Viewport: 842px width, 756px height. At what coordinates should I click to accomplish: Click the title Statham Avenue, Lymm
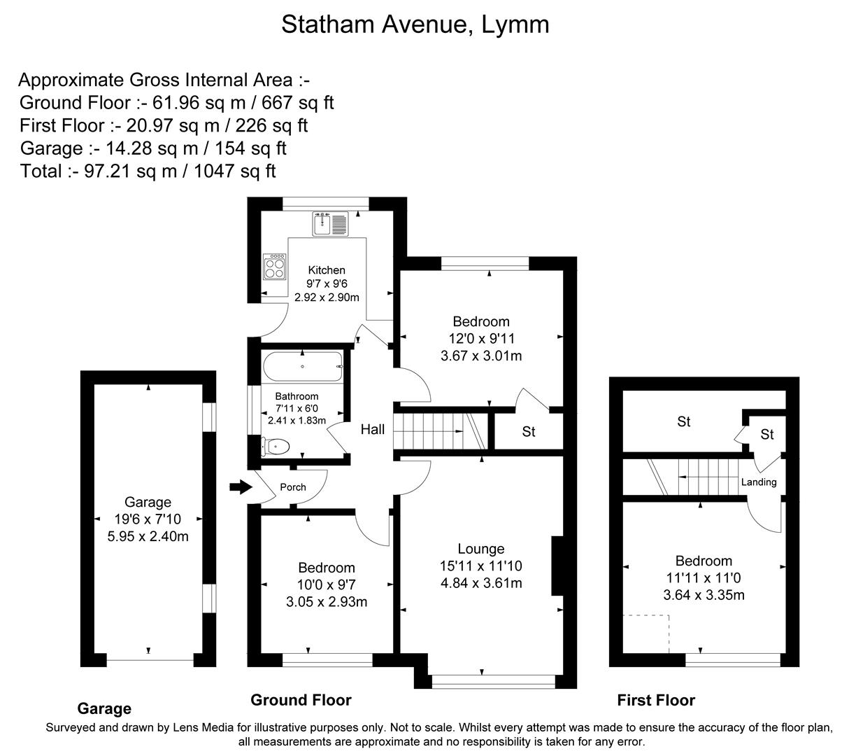[415, 24]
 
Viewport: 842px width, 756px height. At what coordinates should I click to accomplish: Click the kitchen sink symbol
[329, 223]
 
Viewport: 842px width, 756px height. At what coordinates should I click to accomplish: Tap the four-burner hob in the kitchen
[275, 267]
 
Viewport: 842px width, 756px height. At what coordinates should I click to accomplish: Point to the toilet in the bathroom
[276, 445]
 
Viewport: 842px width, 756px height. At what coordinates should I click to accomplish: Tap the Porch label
[293, 487]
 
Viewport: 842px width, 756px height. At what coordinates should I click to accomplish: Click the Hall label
[372, 429]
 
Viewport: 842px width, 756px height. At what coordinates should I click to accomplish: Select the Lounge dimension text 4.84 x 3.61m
[481, 582]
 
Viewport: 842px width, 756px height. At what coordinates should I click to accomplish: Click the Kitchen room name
[327, 270]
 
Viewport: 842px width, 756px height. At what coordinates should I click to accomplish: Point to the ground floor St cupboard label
[529, 432]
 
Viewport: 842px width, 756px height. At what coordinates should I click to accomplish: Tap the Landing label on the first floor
[759, 482]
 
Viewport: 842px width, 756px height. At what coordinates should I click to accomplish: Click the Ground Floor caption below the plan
[301, 700]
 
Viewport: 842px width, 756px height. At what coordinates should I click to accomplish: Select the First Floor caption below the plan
[656, 700]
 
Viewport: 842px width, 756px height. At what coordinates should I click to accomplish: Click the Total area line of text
[148, 171]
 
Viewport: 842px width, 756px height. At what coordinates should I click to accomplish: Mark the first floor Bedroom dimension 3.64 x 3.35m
[704, 595]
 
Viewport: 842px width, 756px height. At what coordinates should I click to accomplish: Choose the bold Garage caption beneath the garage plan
[104, 708]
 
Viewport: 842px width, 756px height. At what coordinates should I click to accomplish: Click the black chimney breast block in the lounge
[557, 566]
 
